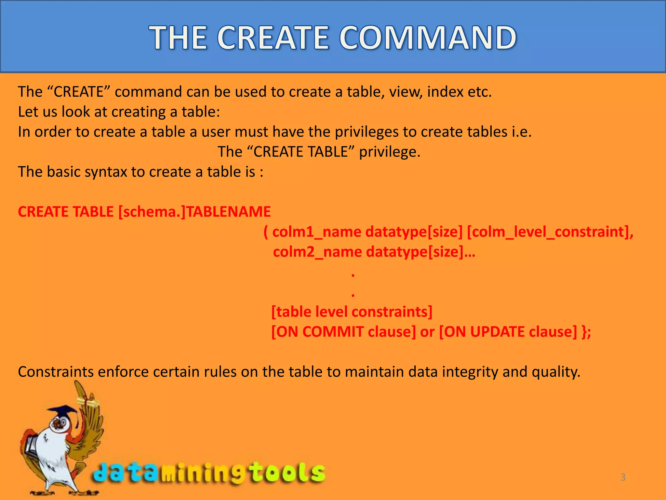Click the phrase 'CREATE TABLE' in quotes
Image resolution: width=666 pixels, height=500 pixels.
[301, 152]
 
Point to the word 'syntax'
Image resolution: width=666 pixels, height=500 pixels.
[106, 172]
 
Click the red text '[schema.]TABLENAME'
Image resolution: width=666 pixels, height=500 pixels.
[194, 212]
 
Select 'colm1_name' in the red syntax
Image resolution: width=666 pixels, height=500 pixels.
[317, 232]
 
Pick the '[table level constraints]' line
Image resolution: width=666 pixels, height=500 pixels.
[352, 312]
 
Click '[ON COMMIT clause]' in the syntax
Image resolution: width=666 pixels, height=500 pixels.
[343, 332]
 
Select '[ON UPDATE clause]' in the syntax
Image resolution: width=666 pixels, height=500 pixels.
[508, 332]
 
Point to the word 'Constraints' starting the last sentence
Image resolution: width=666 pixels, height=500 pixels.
[56, 372]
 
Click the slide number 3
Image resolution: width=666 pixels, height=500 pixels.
[623, 477]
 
